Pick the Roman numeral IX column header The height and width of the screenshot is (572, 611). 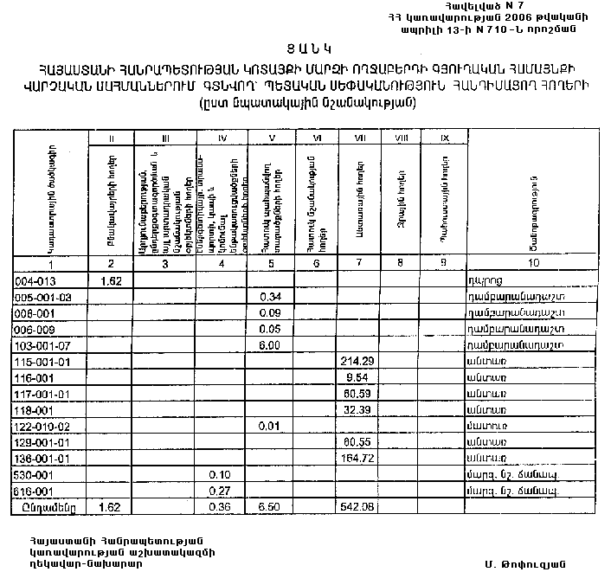pyautogui.click(x=444, y=138)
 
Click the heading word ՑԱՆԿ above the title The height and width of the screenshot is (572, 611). pyautogui.click(x=305, y=47)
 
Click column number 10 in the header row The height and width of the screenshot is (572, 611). pyautogui.click(x=534, y=263)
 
